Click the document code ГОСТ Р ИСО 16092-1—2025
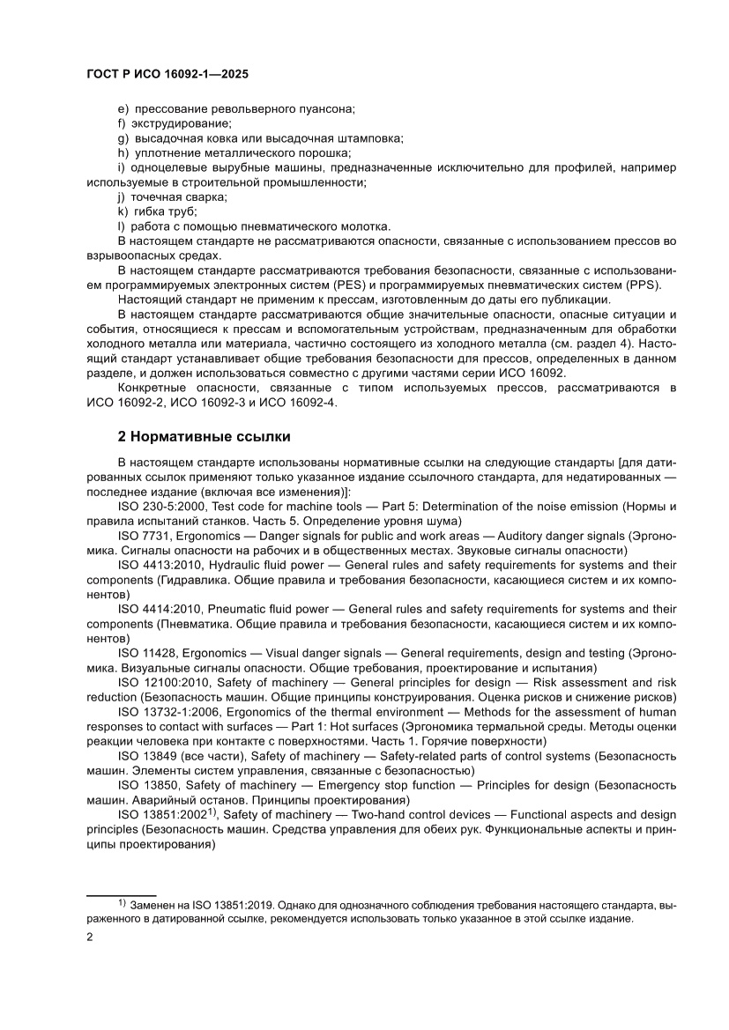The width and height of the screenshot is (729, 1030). coord(167,75)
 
